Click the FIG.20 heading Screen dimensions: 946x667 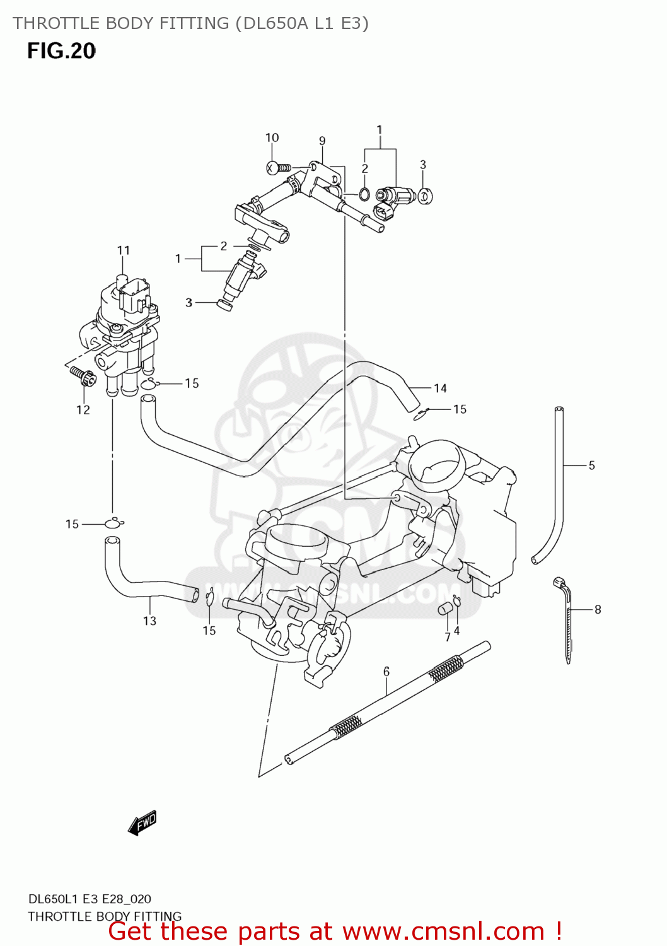pyautogui.click(x=61, y=51)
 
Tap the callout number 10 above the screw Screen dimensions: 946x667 pyautogui.click(x=272, y=137)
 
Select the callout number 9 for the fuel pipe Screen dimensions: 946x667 pyautogui.click(x=322, y=141)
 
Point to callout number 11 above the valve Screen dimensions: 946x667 pyautogui.click(x=124, y=250)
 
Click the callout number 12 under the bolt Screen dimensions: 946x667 pyautogui.click(x=83, y=410)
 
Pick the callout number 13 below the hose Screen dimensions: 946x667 pyautogui.click(x=149, y=621)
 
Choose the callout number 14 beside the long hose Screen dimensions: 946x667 pyautogui.click(x=440, y=388)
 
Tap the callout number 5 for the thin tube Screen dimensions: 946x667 pyautogui.click(x=591, y=465)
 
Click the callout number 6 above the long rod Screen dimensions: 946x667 pyautogui.click(x=386, y=672)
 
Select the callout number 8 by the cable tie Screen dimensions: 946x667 pyautogui.click(x=598, y=609)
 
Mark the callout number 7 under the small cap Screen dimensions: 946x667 pyautogui.click(x=448, y=637)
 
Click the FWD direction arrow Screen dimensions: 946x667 pyautogui.click(x=142, y=823)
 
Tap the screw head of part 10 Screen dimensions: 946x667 pyautogui.click(x=272, y=168)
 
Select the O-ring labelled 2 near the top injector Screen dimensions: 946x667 pyautogui.click(x=364, y=194)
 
